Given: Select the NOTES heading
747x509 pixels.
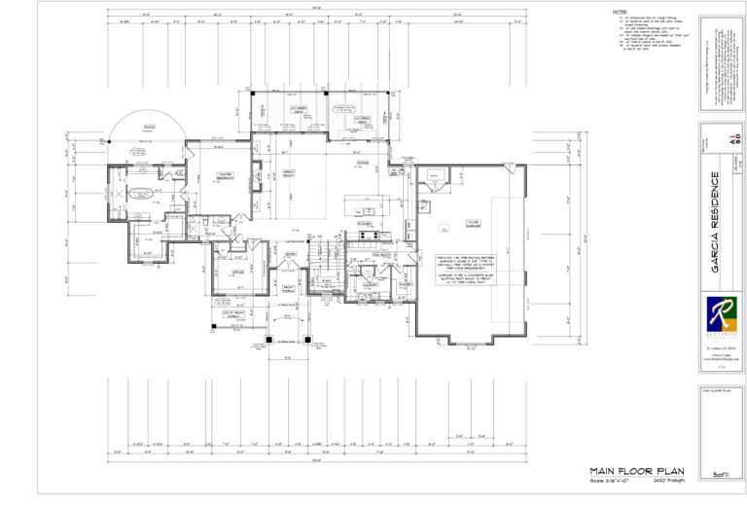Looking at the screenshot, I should pyautogui.click(x=620, y=13).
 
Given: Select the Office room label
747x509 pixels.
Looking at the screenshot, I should pyautogui.click(x=236, y=272).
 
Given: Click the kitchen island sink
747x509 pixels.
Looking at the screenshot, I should pyautogui.click(x=366, y=209).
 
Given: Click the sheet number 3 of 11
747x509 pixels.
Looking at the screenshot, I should pyautogui.click(x=721, y=473).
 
